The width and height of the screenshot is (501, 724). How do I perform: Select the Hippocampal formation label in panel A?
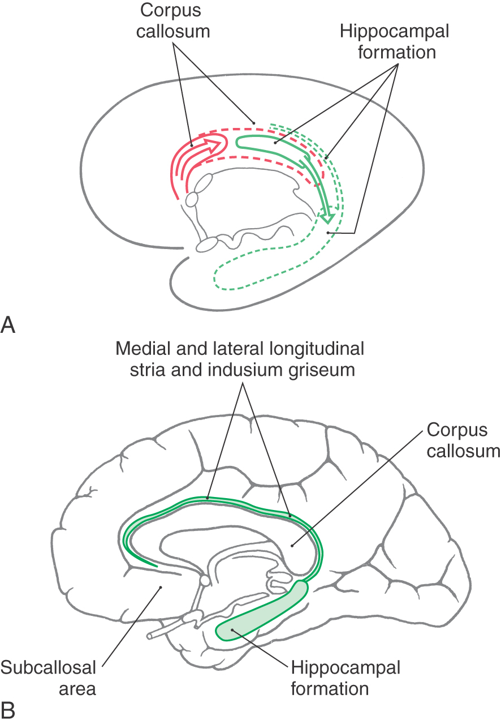tap(395, 41)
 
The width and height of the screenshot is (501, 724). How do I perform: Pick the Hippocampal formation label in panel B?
tap(345, 678)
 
